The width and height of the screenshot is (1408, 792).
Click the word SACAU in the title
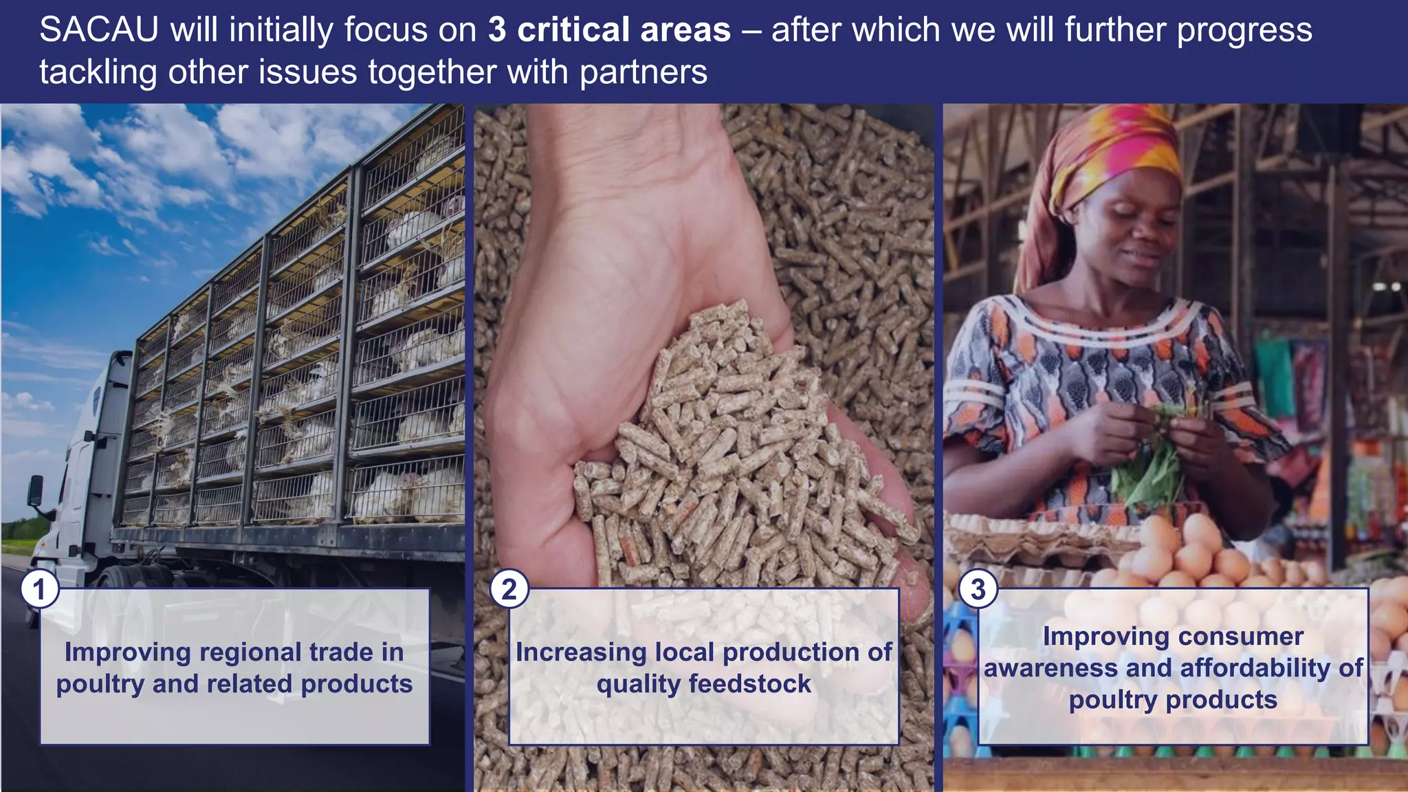[99, 30]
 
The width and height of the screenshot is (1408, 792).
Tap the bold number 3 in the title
[497, 30]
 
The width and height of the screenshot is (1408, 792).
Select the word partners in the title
[643, 72]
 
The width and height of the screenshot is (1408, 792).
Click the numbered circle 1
[39, 589]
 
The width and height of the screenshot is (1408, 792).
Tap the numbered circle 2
[509, 589]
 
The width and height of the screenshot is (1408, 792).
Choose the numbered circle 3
[978, 589]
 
